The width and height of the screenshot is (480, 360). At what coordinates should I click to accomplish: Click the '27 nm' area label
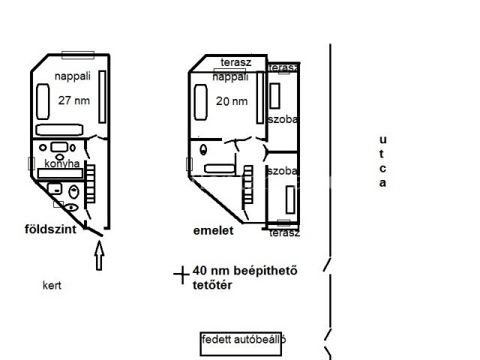(x=74, y=100)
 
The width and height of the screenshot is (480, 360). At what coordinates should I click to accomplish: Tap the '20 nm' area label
(x=232, y=101)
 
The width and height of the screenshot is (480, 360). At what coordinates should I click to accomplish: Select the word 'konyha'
(x=61, y=163)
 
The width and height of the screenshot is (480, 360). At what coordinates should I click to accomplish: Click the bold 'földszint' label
(x=50, y=229)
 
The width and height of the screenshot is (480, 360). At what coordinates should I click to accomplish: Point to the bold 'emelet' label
(x=213, y=230)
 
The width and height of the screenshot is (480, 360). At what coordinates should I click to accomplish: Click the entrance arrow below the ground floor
(x=99, y=256)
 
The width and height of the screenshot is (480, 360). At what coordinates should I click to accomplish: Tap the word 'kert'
(x=52, y=285)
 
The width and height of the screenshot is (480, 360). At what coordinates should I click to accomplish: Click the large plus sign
(x=181, y=274)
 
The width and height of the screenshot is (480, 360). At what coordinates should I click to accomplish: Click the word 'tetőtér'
(x=212, y=285)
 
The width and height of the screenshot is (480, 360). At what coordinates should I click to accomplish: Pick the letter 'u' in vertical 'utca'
(x=383, y=140)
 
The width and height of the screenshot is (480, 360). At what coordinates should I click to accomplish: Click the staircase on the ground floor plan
(x=91, y=184)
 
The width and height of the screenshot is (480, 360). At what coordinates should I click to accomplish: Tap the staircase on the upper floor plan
(x=248, y=185)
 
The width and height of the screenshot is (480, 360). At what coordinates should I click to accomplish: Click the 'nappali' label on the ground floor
(x=73, y=76)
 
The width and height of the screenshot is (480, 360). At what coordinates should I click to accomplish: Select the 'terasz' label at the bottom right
(x=284, y=233)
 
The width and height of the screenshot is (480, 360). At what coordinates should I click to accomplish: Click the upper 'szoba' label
(x=283, y=119)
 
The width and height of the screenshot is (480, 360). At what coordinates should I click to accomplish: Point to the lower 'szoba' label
(x=283, y=171)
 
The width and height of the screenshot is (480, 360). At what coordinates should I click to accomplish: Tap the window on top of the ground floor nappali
(x=78, y=55)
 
